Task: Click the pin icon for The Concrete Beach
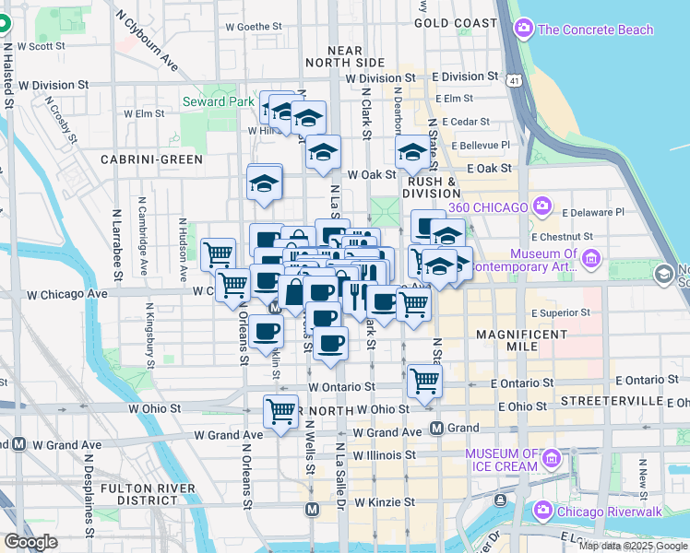tap(525, 29)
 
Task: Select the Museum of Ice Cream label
tap(501, 459)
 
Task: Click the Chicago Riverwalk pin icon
tap(542, 510)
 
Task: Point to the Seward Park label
tap(217, 101)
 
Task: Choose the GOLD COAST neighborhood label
tap(456, 22)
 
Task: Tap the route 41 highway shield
tap(511, 82)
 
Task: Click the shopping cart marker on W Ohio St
tap(280, 411)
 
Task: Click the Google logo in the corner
tap(30, 542)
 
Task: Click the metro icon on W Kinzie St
tap(313, 508)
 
